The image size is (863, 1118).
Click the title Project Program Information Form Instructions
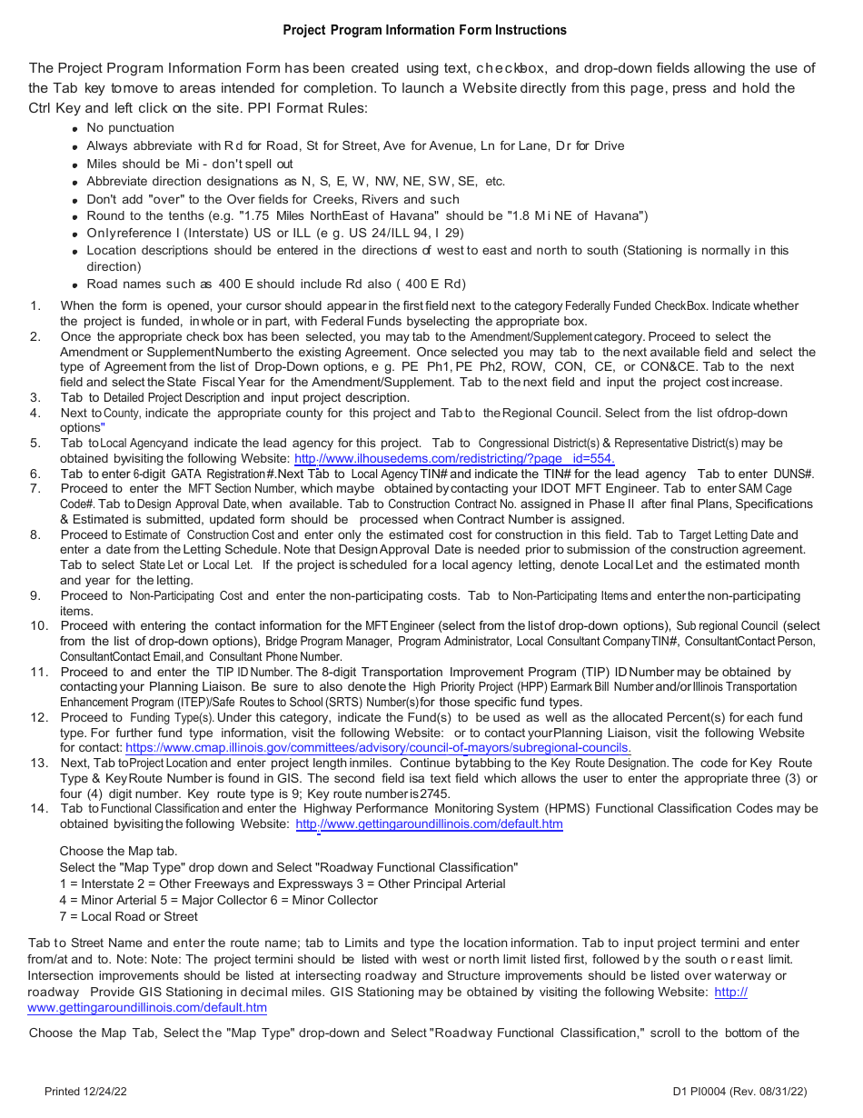pos(424,30)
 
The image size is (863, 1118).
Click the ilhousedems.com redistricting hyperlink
pos(454,458)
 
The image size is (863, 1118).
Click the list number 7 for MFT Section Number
pos(35,489)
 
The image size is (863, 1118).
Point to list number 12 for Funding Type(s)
pos(38,718)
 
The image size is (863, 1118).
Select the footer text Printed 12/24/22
pos(85,1092)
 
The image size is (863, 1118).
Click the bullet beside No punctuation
pos(74,129)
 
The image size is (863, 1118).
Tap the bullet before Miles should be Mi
pos(74,165)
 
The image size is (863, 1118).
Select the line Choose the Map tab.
pos(118,852)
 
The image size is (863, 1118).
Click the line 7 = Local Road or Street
pos(128,916)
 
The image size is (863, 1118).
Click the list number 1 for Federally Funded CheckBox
pos(35,306)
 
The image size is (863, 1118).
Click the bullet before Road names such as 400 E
pos(74,284)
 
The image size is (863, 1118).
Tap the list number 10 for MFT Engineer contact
pos(38,626)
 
